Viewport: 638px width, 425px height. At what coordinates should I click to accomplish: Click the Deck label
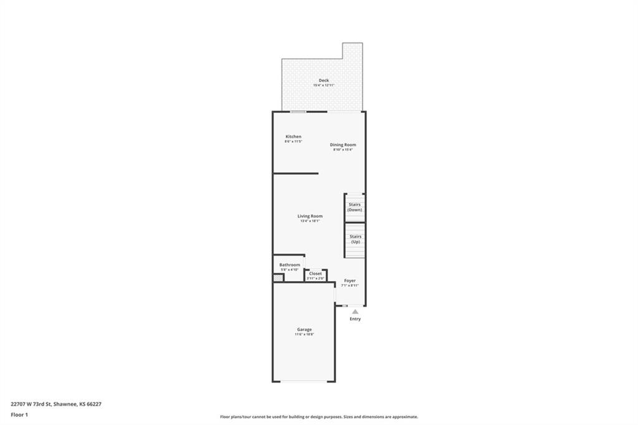click(x=323, y=80)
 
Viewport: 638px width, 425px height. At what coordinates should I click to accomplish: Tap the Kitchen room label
click(x=293, y=136)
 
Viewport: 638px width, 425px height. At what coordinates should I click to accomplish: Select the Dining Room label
click(x=343, y=145)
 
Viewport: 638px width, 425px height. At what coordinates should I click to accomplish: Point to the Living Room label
click(x=310, y=216)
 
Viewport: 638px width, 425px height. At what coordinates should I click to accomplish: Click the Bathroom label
click(x=289, y=265)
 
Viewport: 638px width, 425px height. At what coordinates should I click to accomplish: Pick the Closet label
click(x=315, y=274)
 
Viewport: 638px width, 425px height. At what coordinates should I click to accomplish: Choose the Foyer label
click(x=350, y=280)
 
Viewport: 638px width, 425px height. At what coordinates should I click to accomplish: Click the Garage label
click(x=304, y=330)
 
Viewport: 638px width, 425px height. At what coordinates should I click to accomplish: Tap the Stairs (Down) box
click(x=355, y=208)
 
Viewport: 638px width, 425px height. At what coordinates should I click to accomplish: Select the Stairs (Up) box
click(x=355, y=240)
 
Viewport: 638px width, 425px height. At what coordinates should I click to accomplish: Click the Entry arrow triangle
click(x=355, y=311)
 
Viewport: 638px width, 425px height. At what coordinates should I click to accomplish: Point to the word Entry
click(x=355, y=319)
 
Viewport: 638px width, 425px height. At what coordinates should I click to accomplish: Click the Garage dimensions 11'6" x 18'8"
click(x=304, y=335)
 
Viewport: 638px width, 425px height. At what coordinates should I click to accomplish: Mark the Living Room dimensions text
click(x=310, y=221)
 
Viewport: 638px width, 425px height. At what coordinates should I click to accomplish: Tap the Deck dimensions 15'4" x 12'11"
click(x=324, y=85)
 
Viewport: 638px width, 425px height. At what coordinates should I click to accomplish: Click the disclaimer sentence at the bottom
click(x=318, y=417)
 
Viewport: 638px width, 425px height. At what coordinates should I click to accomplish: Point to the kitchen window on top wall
click(x=298, y=112)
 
